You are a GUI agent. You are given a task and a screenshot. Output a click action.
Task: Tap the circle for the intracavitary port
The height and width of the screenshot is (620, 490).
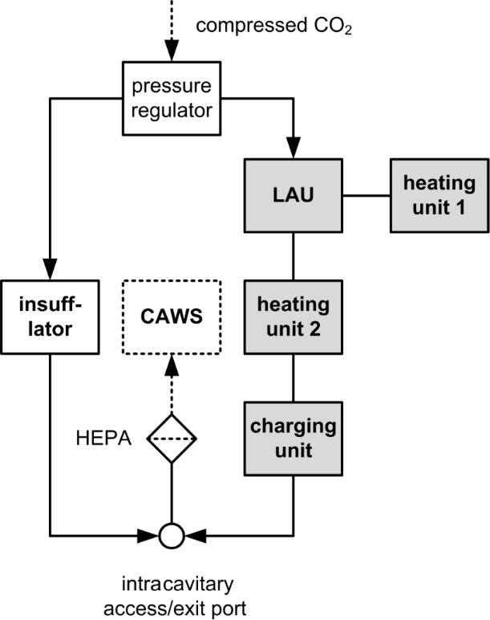(171, 534)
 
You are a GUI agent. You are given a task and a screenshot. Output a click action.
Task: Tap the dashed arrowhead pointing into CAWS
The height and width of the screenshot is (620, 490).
(171, 365)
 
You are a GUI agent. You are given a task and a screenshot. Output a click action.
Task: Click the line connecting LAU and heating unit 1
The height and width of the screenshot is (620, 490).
(366, 195)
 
